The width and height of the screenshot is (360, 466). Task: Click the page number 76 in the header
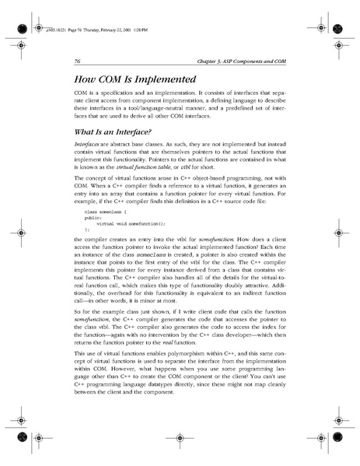point(79,61)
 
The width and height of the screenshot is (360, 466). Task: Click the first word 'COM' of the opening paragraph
point(81,92)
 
